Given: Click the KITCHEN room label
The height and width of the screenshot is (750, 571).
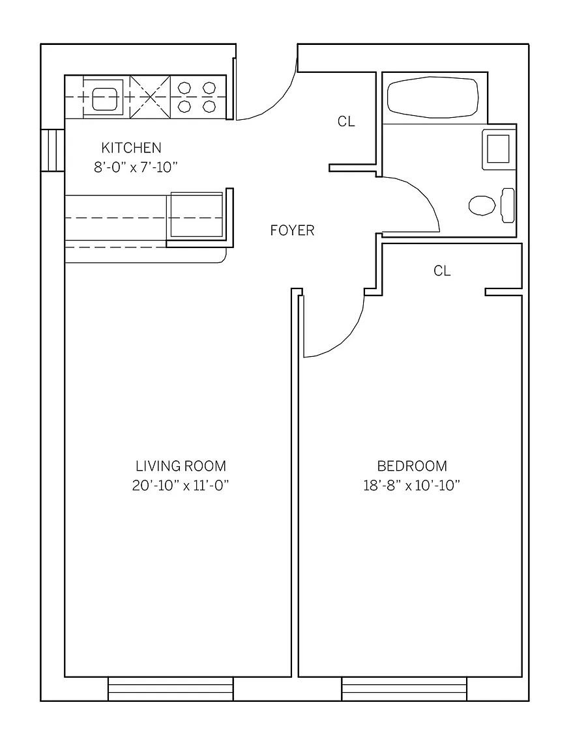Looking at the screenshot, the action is (131, 148).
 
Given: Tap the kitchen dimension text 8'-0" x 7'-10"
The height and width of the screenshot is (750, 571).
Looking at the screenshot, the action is (136, 167).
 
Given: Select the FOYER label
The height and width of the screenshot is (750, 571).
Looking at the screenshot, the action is (292, 230).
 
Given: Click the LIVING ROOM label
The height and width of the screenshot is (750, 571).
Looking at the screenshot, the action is (181, 466).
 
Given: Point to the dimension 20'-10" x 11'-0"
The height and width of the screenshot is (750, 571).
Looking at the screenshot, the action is (181, 486).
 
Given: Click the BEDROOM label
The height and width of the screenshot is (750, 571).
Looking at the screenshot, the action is (412, 466).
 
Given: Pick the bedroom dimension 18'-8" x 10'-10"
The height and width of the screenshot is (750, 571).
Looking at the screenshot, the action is (412, 486).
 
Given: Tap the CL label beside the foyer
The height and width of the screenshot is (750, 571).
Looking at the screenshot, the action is (346, 122).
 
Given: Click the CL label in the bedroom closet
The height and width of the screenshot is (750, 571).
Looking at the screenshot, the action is (442, 271).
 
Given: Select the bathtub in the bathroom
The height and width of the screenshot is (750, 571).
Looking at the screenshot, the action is (433, 98).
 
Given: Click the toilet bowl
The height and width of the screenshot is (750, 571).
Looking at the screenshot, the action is (482, 204).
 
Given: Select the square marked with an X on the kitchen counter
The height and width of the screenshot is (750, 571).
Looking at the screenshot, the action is (150, 97).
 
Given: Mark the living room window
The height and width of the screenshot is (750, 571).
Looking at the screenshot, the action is (170, 689).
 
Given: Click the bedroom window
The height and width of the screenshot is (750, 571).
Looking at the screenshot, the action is (404, 689).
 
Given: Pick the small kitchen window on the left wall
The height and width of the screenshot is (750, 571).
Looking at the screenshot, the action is (53, 150).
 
